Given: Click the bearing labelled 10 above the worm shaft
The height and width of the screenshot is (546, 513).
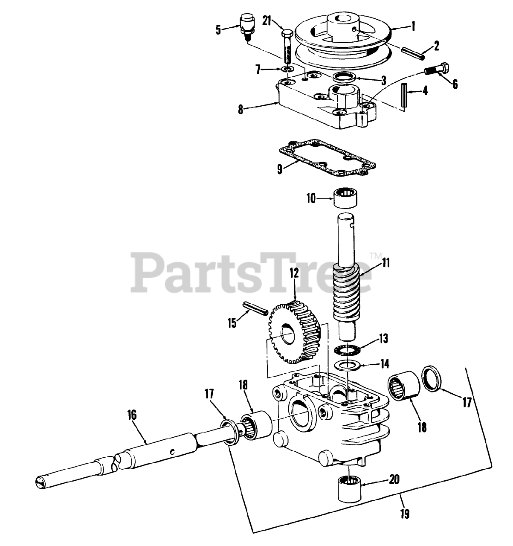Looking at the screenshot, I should tap(345, 198).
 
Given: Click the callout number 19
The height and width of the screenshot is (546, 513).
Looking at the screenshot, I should tap(405, 514).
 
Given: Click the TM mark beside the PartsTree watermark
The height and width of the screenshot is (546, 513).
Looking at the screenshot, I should tap(375, 256).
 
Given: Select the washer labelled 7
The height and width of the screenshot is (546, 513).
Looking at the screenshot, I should tap(289, 68).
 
